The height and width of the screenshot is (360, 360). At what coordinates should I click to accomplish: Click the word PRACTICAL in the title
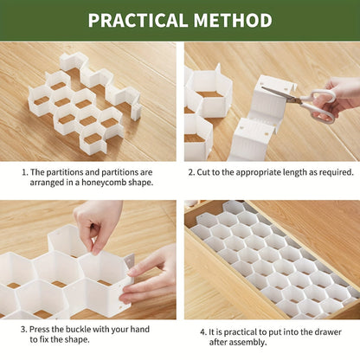click(x=138, y=20)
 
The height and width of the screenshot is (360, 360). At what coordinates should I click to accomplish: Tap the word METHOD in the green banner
click(x=233, y=20)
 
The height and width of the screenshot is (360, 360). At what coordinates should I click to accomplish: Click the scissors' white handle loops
click(x=320, y=105)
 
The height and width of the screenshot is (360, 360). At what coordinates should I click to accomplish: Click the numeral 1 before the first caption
click(x=24, y=172)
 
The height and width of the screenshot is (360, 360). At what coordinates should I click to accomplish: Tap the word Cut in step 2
click(x=203, y=172)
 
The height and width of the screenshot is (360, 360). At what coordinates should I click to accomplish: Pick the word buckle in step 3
click(x=77, y=329)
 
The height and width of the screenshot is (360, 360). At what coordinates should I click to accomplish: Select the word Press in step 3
click(x=38, y=329)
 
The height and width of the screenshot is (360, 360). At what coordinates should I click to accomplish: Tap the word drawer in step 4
click(x=328, y=332)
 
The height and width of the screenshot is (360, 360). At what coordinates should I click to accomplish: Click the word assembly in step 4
click(x=249, y=343)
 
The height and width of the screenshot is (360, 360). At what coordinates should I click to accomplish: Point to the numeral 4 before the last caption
click(x=203, y=332)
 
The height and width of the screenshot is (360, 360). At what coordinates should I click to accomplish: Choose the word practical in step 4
click(x=241, y=332)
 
